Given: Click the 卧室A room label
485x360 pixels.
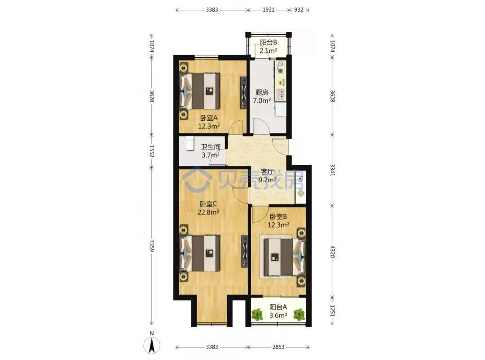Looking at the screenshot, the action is click(209, 118).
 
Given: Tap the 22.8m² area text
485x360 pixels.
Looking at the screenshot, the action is click(208, 212).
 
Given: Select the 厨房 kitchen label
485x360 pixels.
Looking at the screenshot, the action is click(262, 92).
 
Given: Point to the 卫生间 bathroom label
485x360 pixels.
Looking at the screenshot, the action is click(211, 147).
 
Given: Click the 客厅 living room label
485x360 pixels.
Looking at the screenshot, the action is click(267, 171).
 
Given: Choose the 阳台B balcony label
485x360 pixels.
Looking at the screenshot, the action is click(268, 42).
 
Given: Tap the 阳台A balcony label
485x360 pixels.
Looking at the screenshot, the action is click(278, 307).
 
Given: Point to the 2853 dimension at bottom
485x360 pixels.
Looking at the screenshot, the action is click(278, 347).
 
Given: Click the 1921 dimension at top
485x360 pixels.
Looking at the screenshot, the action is click(268, 9).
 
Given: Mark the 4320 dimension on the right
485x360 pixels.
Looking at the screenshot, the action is click(332, 252).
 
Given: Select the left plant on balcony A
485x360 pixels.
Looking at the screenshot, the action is click(256, 315).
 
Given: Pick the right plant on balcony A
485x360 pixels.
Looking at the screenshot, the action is click(299, 315).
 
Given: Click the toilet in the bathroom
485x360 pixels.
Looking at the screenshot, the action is click(190, 144).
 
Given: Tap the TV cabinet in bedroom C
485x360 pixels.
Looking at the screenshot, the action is click(244, 251).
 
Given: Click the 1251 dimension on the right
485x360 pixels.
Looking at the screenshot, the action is click(332, 311).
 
